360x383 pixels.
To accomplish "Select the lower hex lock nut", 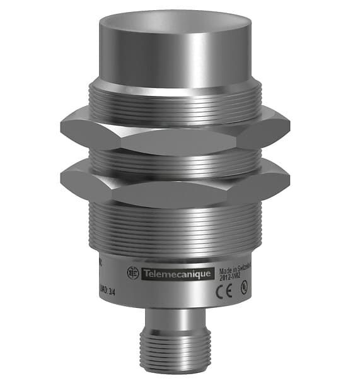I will [x=177, y=182].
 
